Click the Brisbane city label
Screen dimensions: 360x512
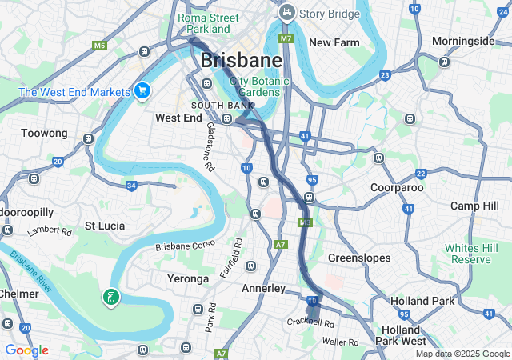(241, 60)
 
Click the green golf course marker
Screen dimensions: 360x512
(110, 298)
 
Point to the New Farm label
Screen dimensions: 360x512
(332, 42)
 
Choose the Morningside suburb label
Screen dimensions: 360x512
(462, 41)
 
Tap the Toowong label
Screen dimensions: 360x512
(43, 133)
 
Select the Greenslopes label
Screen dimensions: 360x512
(359, 258)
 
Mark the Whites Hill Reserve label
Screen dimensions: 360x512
(471, 254)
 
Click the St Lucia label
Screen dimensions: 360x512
(105, 226)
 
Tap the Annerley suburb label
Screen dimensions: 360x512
(263, 288)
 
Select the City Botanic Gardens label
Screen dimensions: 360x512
(256, 86)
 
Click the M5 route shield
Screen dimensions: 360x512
(99, 46)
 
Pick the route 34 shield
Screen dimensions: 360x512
(130, 186)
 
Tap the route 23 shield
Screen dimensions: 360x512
(385, 75)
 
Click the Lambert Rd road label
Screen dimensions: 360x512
(50, 231)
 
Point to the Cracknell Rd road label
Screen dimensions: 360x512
(311, 322)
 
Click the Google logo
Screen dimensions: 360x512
(26, 350)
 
